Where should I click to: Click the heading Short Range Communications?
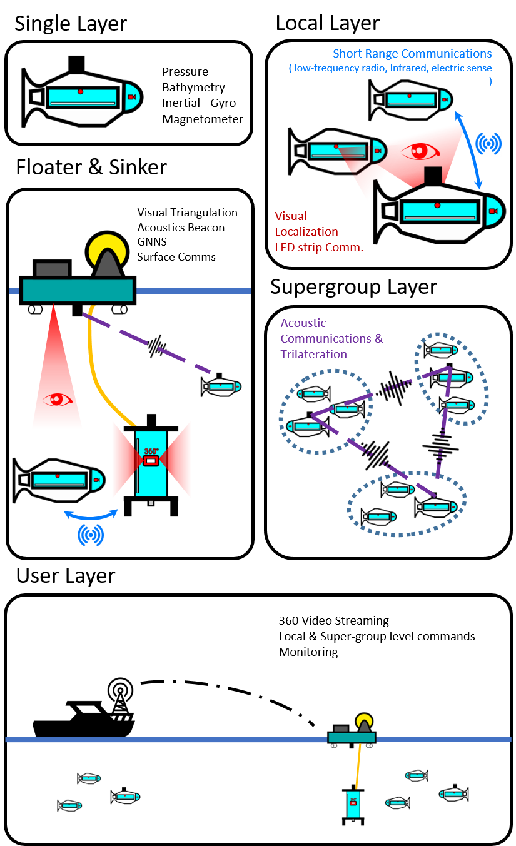click(412, 54)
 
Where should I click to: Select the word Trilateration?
click(313, 354)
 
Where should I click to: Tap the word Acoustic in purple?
click(303, 323)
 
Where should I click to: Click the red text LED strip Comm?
click(319, 247)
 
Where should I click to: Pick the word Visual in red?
click(291, 216)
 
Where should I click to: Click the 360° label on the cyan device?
click(151, 451)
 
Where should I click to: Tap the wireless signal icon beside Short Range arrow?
click(488, 144)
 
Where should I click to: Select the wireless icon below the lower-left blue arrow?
click(91, 535)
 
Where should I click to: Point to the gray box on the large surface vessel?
click(52, 269)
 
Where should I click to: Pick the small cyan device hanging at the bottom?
click(353, 804)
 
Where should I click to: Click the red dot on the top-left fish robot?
click(81, 92)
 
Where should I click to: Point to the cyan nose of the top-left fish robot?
click(132, 97)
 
